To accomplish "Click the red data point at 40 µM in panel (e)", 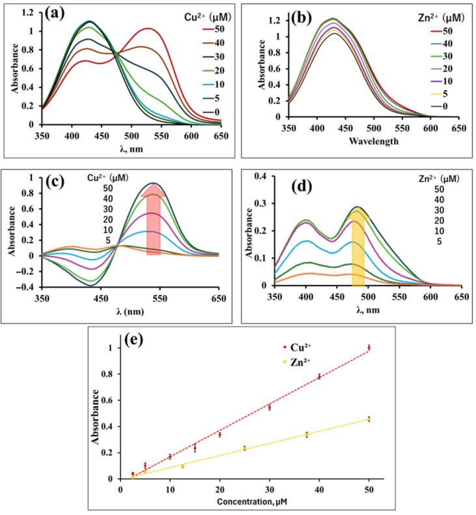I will click(x=319, y=376).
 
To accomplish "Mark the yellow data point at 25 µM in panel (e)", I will click(x=244, y=448).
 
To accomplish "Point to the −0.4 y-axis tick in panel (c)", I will click(x=29, y=287).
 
